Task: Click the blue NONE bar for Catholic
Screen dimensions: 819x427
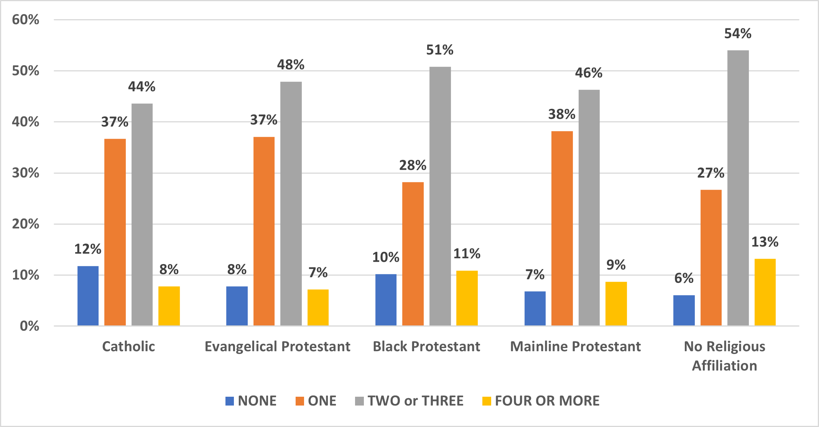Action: (x=88, y=296)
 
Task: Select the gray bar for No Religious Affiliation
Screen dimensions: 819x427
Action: (x=738, y=188)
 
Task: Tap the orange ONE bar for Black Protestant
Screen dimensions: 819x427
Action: (x=413, y=254)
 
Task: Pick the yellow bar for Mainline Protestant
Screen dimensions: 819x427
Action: (x=616, y=304)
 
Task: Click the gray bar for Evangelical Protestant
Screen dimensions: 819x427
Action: (x=291, y=204)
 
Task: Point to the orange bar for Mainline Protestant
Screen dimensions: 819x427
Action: (x=562, y=228)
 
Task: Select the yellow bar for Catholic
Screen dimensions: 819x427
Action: (x=169, y=306)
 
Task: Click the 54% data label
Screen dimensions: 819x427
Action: (x=738, y=34)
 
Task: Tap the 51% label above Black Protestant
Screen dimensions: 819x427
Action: (x=440, y=50)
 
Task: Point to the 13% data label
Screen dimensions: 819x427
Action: (x=765, y=242)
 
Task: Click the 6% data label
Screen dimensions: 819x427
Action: (x=684, y=278)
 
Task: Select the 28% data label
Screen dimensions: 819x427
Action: (x=413, y=165)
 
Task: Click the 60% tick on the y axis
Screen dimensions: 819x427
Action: (x=26, y=20)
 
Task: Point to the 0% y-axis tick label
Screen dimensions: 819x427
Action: (x=30, y=326)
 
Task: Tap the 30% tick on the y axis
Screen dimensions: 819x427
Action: (x=26, y=173)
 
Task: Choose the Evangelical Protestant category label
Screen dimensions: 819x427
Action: (x=277, y=347)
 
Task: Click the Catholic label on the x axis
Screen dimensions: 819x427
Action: (x=128, y=347)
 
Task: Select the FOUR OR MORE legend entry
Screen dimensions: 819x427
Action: (x=541, y=401)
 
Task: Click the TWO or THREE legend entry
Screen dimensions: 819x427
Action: (x=409, y=401)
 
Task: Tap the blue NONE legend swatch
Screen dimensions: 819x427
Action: (x=230, y=401)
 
